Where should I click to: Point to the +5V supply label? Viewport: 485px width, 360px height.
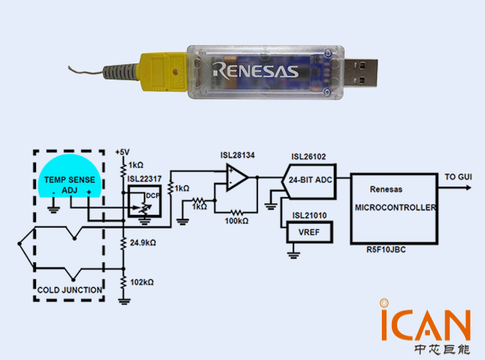tap(123, 151)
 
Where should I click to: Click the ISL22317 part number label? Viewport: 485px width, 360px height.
tap(144, 180)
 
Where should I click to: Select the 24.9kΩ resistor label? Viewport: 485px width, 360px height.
tap(143, 242)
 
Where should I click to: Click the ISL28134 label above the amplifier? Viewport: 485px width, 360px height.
tap(238, 155)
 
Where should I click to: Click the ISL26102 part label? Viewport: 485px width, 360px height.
tap(309, 157)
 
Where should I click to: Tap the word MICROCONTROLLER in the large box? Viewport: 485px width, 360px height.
tap(396, 207)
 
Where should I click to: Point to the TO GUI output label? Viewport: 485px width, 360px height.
tap(458, 177)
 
